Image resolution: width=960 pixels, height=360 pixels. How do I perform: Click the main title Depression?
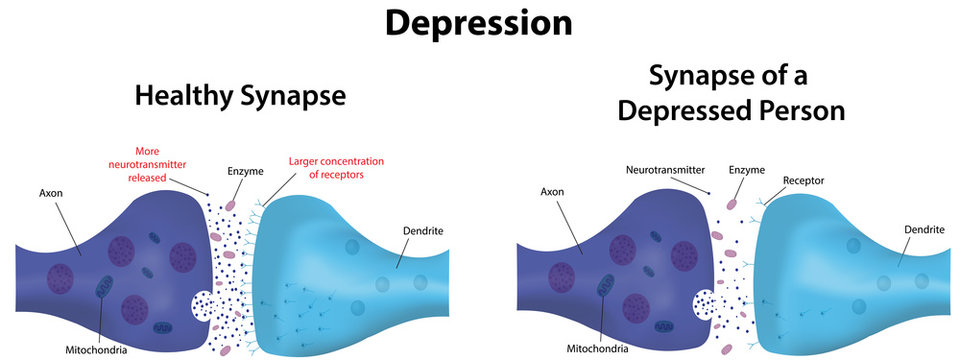point(480,23)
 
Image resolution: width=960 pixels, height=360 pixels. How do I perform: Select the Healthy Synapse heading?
point(239,96)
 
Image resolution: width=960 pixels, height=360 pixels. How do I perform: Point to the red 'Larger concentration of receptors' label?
point(337,167)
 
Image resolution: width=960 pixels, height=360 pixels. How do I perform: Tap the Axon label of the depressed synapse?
point(554,191)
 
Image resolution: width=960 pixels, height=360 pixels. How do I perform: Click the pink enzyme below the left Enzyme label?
point(230,204)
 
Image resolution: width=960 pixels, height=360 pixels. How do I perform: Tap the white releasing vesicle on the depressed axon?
point(704,301)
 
